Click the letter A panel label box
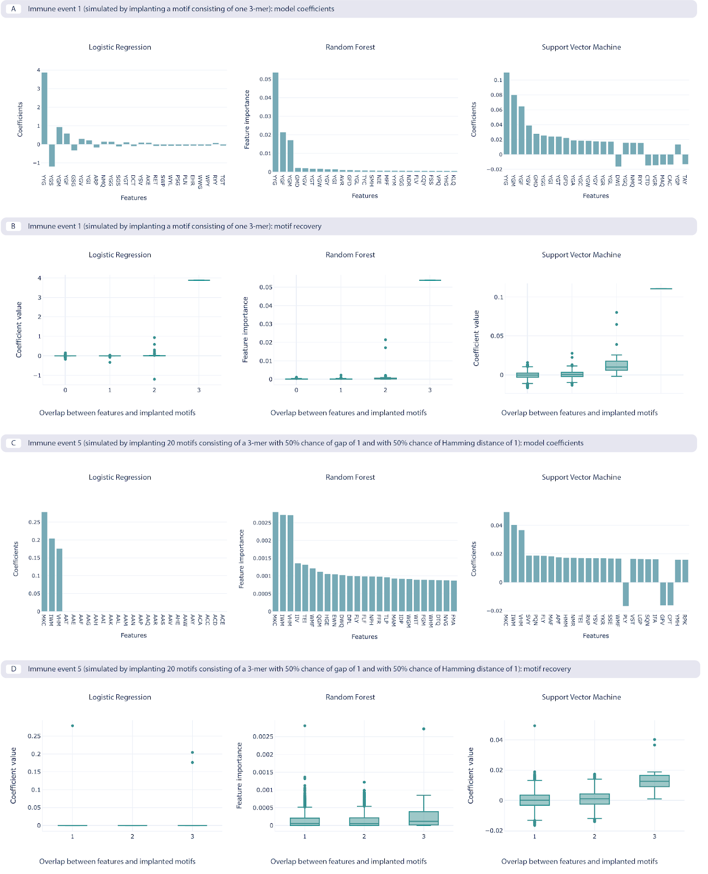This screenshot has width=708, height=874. [x=14, y=9]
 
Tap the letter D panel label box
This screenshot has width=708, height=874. [x=14, y=669]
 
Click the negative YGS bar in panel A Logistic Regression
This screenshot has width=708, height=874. [x=52, y=155]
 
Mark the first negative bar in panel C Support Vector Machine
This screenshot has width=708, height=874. [x=626, y=594]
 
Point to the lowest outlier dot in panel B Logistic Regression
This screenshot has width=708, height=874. [x=154, y=379]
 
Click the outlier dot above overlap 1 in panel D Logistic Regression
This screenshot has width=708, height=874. [x=73, y=725]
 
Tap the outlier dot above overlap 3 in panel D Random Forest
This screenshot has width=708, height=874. [x=424, y=729]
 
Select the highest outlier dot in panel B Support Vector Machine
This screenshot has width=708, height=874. [x=617, y=312]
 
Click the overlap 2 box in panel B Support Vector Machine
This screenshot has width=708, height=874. [x=617, y=366]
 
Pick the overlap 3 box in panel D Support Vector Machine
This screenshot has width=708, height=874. [x=655, y=781]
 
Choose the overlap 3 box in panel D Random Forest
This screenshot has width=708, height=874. [x=424, y=818]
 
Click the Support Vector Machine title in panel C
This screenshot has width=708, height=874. [x=581, y=477]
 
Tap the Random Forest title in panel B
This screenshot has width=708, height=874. [x=350, y=255]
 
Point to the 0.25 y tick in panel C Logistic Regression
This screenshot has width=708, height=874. [x=34, y=522]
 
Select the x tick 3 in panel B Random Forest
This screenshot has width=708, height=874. [x=430, y=390]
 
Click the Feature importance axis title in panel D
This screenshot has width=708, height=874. [x=239, y=776]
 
